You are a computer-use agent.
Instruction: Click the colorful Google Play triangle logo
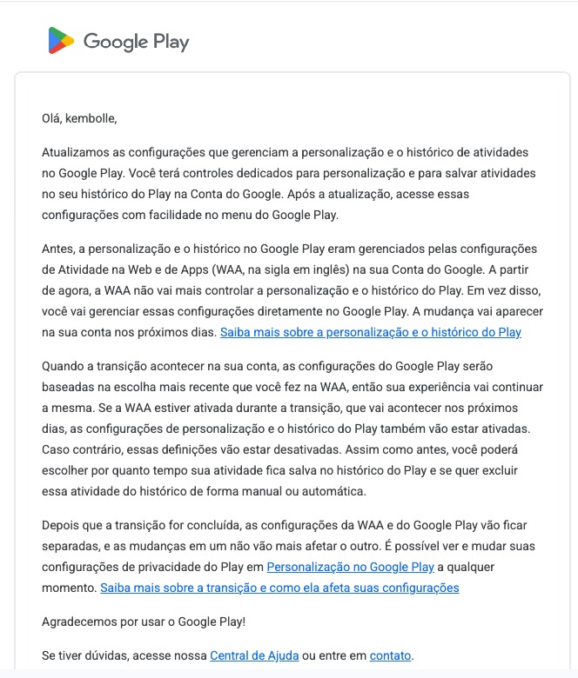61,41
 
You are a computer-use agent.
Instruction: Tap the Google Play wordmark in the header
136,41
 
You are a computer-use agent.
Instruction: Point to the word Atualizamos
76,152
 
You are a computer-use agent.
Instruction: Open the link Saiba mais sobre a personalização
370,332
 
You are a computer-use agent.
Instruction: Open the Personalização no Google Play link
350,567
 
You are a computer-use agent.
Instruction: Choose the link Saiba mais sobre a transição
279,588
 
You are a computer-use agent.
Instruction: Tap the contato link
390,655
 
